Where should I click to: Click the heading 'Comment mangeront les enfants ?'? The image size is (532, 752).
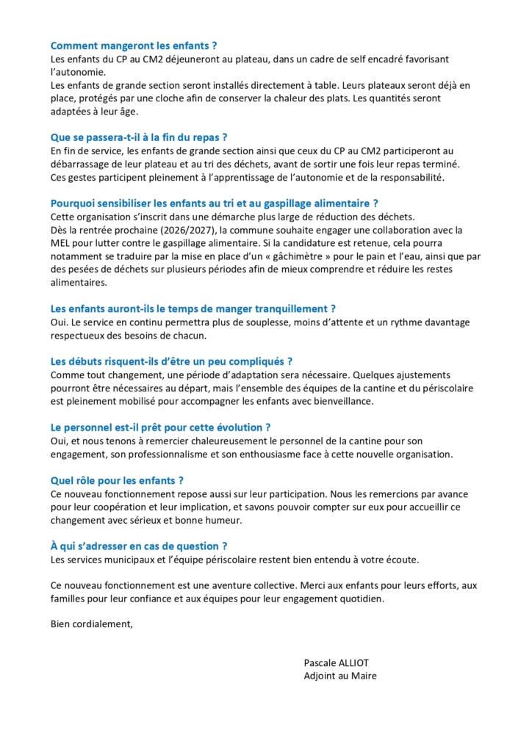[134, 46]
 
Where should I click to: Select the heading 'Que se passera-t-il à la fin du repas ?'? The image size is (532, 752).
[139, 137]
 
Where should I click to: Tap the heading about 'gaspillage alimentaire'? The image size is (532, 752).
[215, 203]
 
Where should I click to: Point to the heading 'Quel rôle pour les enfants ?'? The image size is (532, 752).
[117, 481]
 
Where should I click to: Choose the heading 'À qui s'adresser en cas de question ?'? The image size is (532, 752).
[139, 546]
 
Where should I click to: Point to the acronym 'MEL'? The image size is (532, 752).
[61, 243]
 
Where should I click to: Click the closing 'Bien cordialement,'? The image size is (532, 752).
[93, 625]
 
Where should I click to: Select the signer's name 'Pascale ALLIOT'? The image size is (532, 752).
[337, 662]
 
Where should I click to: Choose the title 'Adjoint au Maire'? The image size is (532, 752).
[340, 676]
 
